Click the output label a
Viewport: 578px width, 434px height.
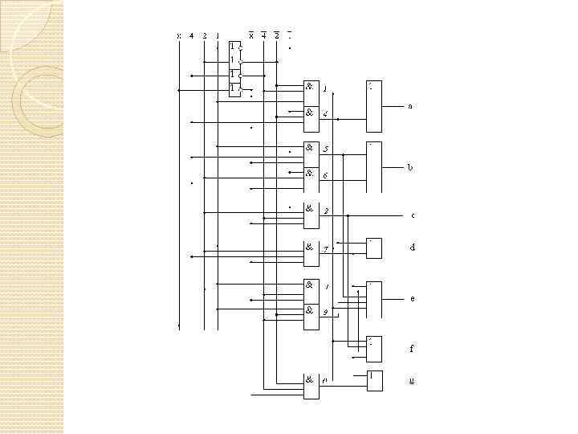tap(410, 106)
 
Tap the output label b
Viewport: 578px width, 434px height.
tap(410, 168)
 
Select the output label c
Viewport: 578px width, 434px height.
tap(413, 215)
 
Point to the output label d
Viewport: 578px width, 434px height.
tap(413, 248)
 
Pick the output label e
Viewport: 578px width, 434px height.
tap(413, 298)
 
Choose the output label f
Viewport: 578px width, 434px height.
tap(412, 349)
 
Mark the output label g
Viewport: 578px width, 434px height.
tap(412, 380)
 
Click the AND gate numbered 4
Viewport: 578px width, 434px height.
tap(311, 113)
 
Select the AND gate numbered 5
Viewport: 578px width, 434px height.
tap(311, 149)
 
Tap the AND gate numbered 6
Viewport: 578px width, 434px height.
tap(311, 175)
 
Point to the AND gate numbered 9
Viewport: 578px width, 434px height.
tap(311, 312)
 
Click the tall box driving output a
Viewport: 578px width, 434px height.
tap(374, 106)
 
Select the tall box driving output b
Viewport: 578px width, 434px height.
tap(374, 167)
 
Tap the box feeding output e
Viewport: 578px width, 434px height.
tap(374, 299)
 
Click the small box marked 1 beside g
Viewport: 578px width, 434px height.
tap(374, 380)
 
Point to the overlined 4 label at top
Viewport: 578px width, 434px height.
tap(263, 35)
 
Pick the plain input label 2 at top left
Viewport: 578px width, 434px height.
tap(205, 35)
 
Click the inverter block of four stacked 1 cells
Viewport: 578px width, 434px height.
tap(234, 68)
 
